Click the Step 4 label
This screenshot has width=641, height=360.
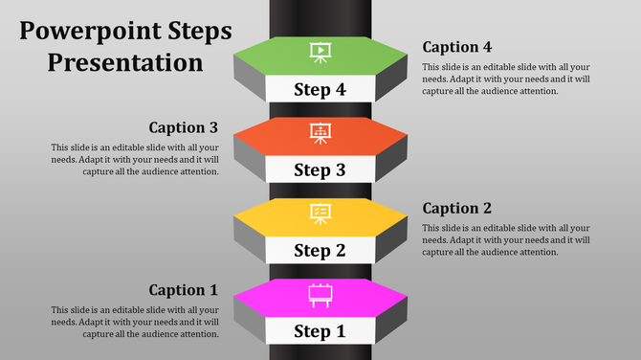[320, 90]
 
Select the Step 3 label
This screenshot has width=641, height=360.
[320, 170]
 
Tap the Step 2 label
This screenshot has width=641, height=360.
[320, 251]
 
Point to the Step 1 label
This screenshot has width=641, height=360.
[320, 332]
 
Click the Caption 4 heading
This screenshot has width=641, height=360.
[457, 47]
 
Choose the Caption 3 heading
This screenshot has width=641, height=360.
[184, 127]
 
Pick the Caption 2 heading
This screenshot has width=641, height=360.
[457, 208]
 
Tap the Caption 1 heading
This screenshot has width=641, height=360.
[184, 289]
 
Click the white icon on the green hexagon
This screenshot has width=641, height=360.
[320, 52]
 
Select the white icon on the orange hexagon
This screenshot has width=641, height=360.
[320, 133]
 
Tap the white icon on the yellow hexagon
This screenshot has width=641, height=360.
[320, 214]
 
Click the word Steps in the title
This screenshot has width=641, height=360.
[196, 31]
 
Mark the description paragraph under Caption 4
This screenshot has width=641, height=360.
[504, 79]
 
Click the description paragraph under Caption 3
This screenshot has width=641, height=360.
[136, 159]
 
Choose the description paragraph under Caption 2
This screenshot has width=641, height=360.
[504, 239]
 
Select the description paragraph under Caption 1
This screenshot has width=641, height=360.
[136, 323]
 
